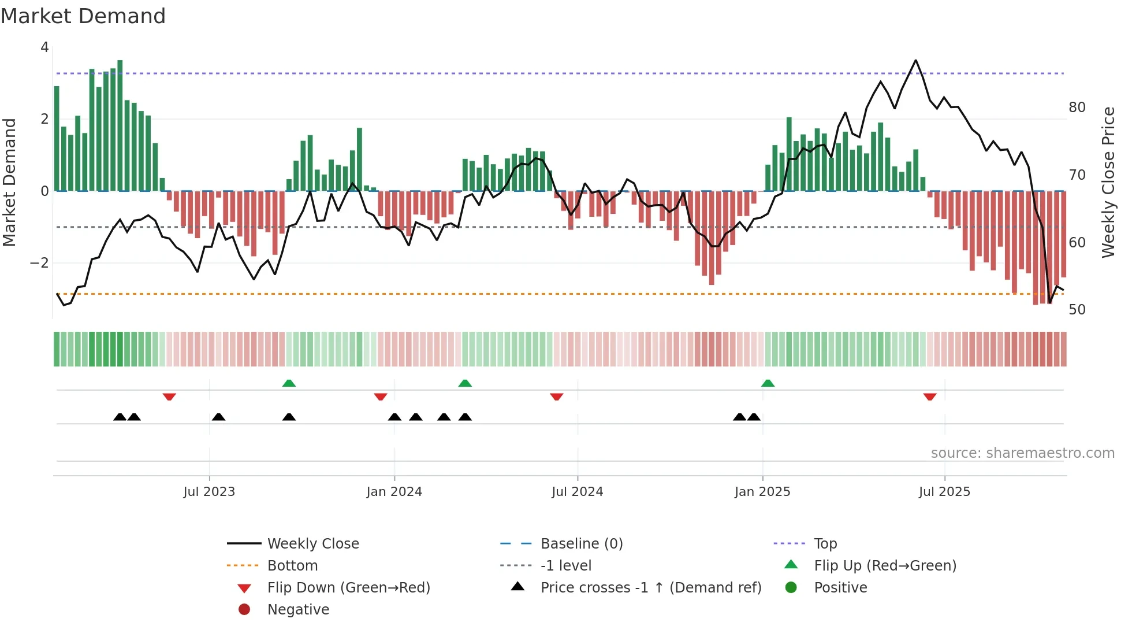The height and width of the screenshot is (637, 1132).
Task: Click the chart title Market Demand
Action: point(83,16)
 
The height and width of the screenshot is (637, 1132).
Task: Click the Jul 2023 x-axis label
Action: point(209,492)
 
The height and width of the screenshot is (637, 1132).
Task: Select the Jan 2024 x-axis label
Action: point(394,492)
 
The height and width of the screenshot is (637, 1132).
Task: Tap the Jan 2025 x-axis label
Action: point(762,492)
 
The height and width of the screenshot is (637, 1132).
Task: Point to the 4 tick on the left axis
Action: point(44,47)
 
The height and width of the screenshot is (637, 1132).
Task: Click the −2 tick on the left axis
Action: point(39,263)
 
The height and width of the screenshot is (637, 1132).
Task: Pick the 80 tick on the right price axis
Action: point(1077,108)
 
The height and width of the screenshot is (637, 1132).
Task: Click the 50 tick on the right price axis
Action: point(1077,310)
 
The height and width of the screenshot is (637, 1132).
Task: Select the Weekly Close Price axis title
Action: point(1108,182)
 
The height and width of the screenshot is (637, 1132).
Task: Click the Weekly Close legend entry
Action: point(312,544)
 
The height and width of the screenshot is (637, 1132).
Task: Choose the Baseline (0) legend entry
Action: point(581,544)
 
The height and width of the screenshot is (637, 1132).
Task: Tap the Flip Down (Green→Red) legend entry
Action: point(348,588)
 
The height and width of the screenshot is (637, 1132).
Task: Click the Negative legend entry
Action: point(298,610)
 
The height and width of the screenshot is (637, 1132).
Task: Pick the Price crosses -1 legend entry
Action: point(650,588)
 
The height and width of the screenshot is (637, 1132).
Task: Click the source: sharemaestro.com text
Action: point(1022,453)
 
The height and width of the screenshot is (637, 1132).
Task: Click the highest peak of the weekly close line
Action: point(915,61)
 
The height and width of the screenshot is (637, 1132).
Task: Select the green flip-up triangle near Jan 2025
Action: point(768,383)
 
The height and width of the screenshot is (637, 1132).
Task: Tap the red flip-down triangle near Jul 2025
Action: point(929,397)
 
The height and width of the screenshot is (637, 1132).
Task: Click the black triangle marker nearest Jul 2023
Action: point(218,417)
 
